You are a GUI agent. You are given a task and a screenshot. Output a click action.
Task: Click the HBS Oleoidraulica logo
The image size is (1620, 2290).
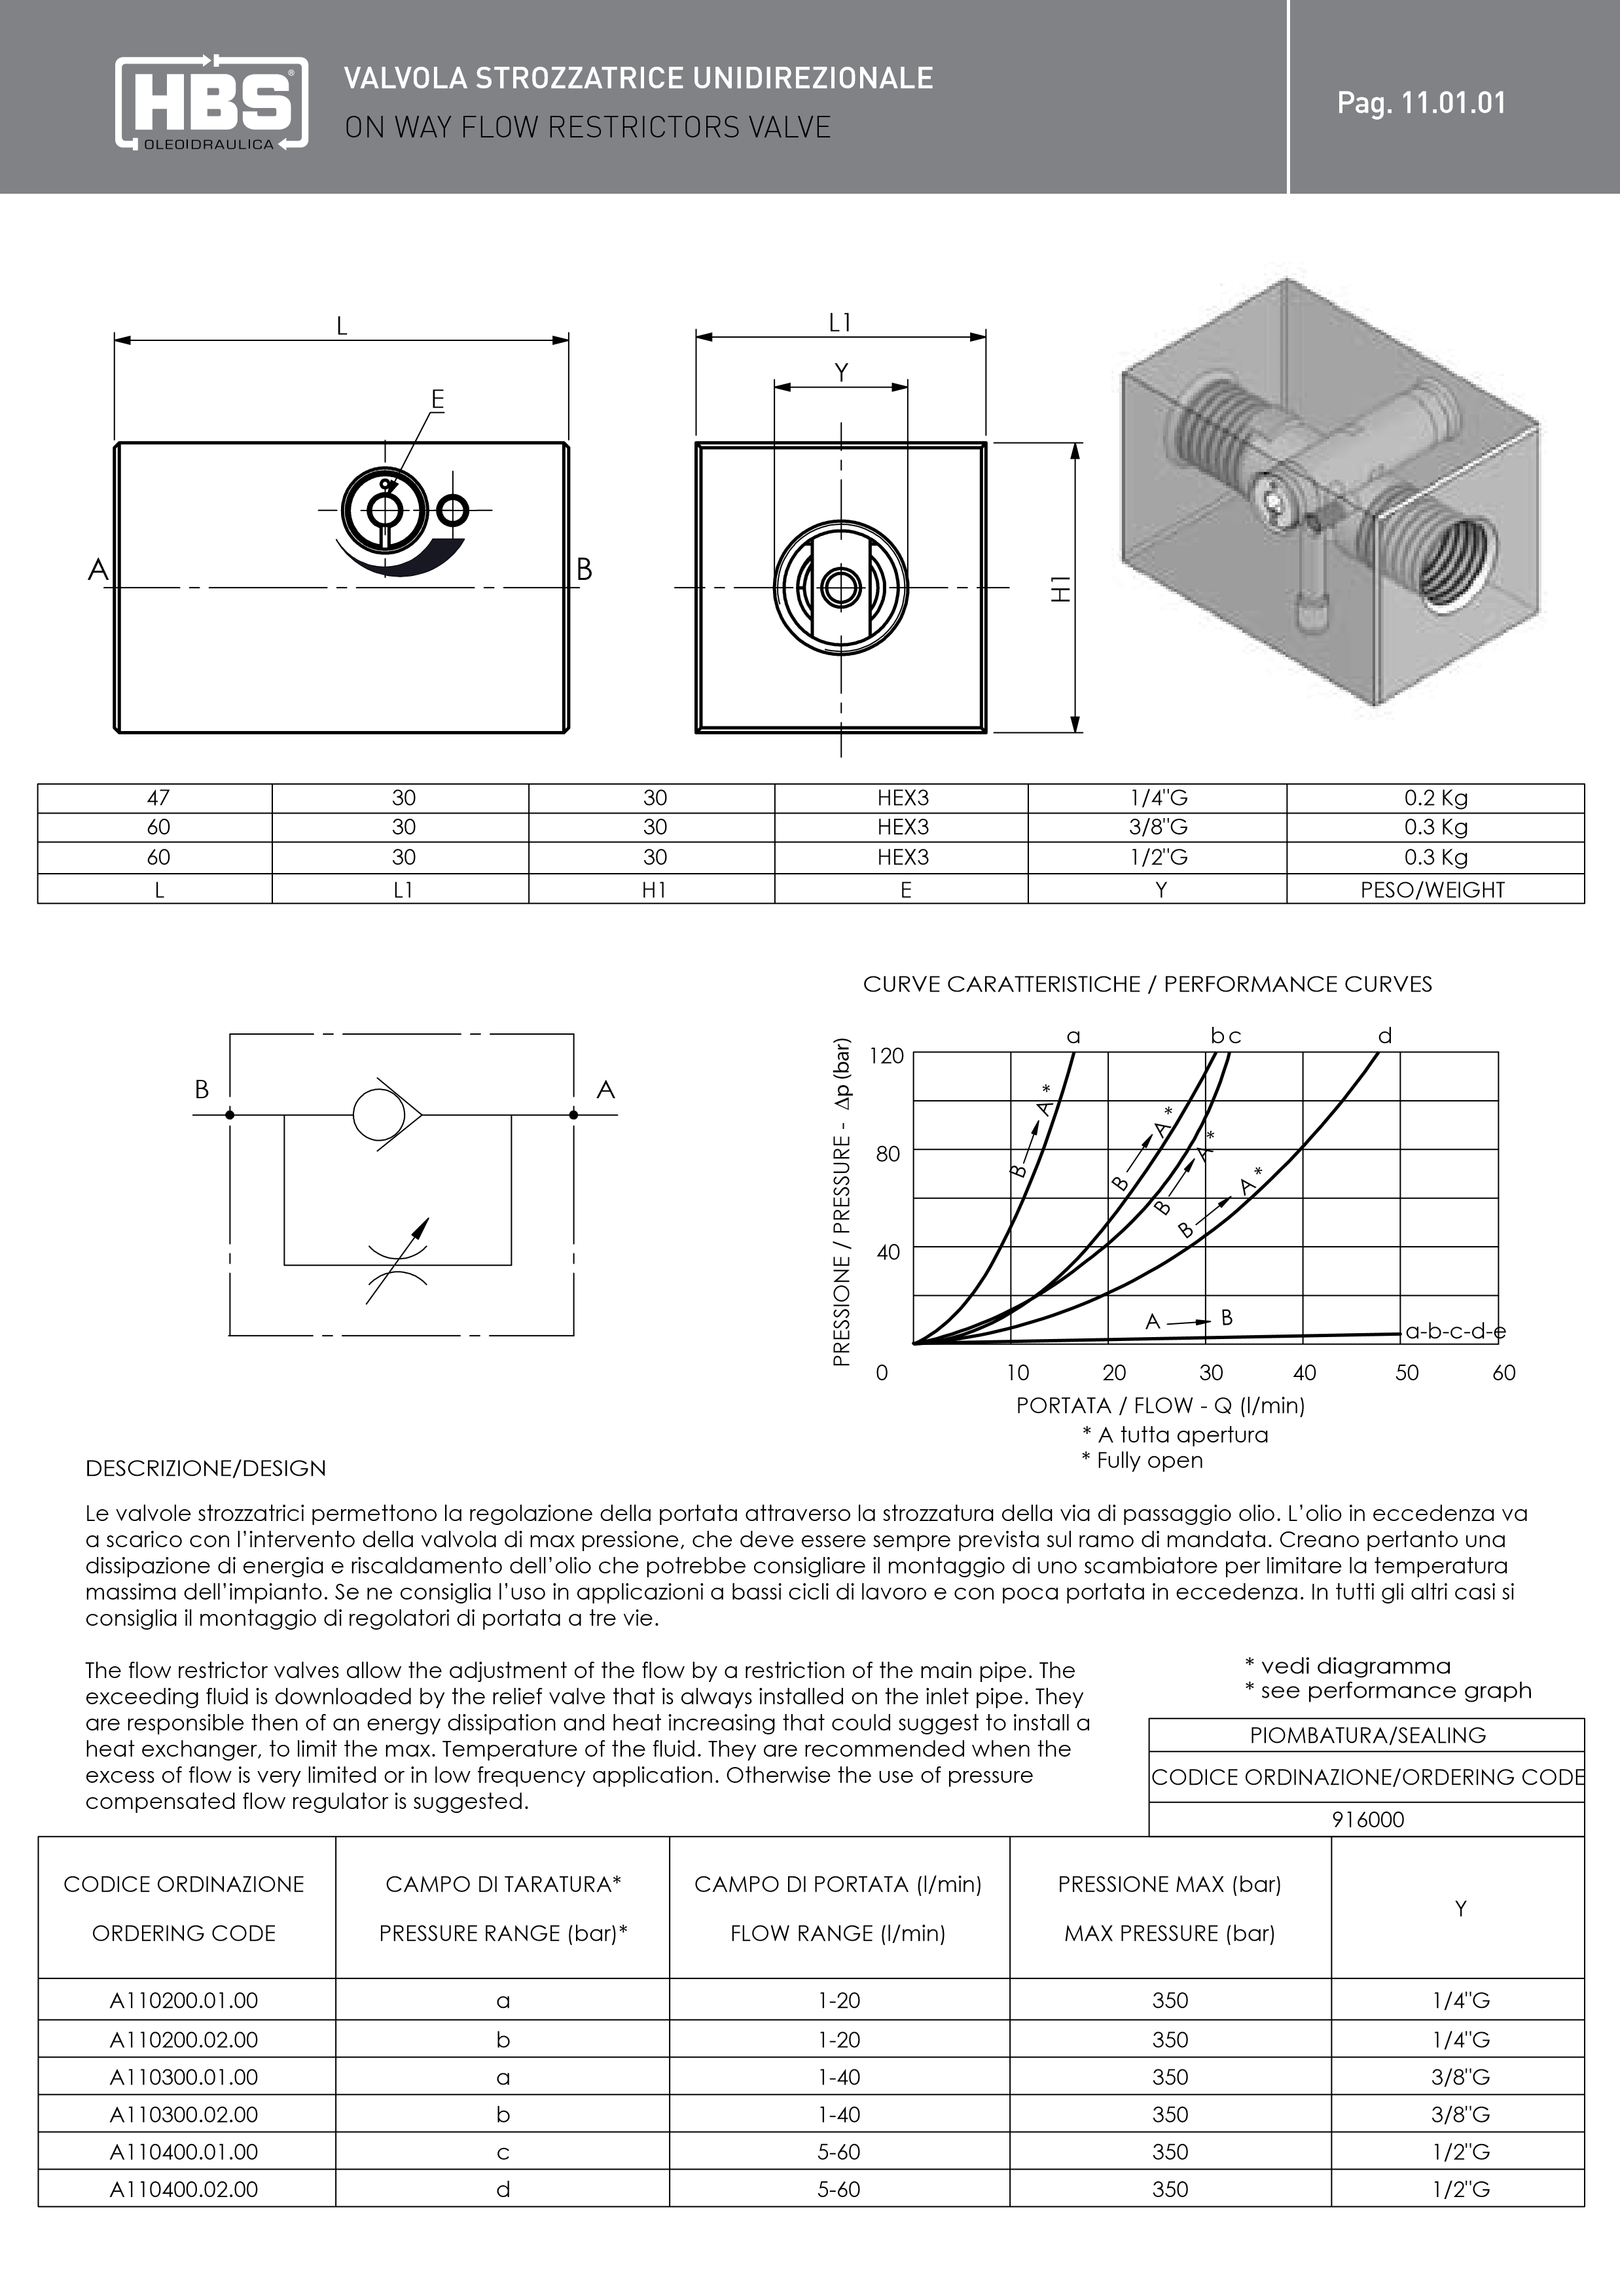click(211, 103)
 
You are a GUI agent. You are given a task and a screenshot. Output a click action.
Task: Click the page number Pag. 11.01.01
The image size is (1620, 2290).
click(1422, 103)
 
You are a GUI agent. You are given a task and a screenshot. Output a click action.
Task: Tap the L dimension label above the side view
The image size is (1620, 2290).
click(341, 326)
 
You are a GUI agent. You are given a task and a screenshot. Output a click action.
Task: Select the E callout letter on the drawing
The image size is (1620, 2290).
click(437, 400)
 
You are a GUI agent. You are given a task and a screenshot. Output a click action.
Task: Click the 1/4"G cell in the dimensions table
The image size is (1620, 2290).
click(1158, 798)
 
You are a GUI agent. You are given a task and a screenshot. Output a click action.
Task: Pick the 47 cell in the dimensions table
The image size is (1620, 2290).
click(158, 798)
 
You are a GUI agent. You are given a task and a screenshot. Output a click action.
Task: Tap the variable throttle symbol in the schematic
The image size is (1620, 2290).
click(397, 1262)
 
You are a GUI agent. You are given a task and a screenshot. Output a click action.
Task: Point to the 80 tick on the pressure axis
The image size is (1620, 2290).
click(888, 1154)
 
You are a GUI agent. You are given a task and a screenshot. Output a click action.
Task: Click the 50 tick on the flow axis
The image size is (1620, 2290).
click(1407, 1372)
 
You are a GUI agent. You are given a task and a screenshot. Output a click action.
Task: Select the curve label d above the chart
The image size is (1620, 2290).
click(1384, 1036)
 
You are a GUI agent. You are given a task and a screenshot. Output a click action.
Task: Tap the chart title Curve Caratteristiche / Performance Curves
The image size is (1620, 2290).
click(1147, 984)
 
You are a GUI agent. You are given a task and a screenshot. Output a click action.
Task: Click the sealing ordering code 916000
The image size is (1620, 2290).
click(1367, 1819)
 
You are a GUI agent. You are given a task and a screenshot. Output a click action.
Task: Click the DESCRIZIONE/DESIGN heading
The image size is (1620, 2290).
click(206, 1468)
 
